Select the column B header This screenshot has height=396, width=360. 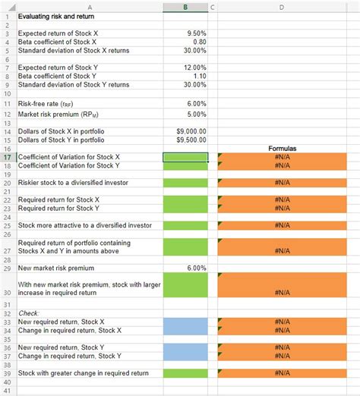pyautogui.click(x=185, y=6)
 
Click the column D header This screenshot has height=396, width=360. pyautogui.click(x=282, y=6)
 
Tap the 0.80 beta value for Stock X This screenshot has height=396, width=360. pyautogui.click(x=197, y=42)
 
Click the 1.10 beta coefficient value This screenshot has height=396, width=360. pyautogui.click(x=197, y=77)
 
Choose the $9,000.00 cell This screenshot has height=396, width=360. pyautogui.click(x=191, y=131)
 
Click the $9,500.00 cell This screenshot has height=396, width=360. pyautogui.click(x=191, y=140)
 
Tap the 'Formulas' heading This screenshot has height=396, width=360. pyautogui.click(x=282, y=149)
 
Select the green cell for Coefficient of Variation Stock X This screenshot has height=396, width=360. pyautogui.click(x=185, y=157)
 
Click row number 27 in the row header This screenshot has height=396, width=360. pyautogui.click(x=7, y=250)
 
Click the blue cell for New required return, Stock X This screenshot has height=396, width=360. pyautogui.click(x=185, y=322)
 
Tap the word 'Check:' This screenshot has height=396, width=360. pyautogui.click(x=28, y=313)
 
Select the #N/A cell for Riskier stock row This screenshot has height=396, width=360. pyautogui.click(x=282, y=183)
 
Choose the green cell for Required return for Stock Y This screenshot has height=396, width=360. pyautogui.click(x=185, y=208)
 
